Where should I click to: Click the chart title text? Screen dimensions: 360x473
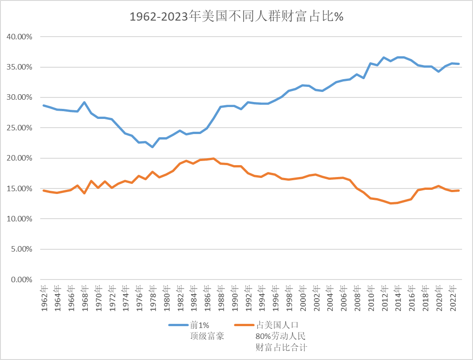[x=236, y=17]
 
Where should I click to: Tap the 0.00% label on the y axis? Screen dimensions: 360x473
[x=22, y=279]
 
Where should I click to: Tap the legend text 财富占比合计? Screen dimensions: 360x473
[x=281, y=348]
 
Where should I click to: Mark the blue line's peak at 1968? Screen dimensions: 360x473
[x=85, y=102]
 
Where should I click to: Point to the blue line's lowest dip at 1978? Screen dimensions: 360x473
[x=152, y=147]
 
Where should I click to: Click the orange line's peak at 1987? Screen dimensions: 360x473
[x=213, y=159]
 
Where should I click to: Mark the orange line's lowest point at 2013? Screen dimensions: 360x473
[x=390, y=203]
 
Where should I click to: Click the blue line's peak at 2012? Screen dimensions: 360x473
[x=383, y=58]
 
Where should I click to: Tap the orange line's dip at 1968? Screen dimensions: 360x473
[x=85, y=193]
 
